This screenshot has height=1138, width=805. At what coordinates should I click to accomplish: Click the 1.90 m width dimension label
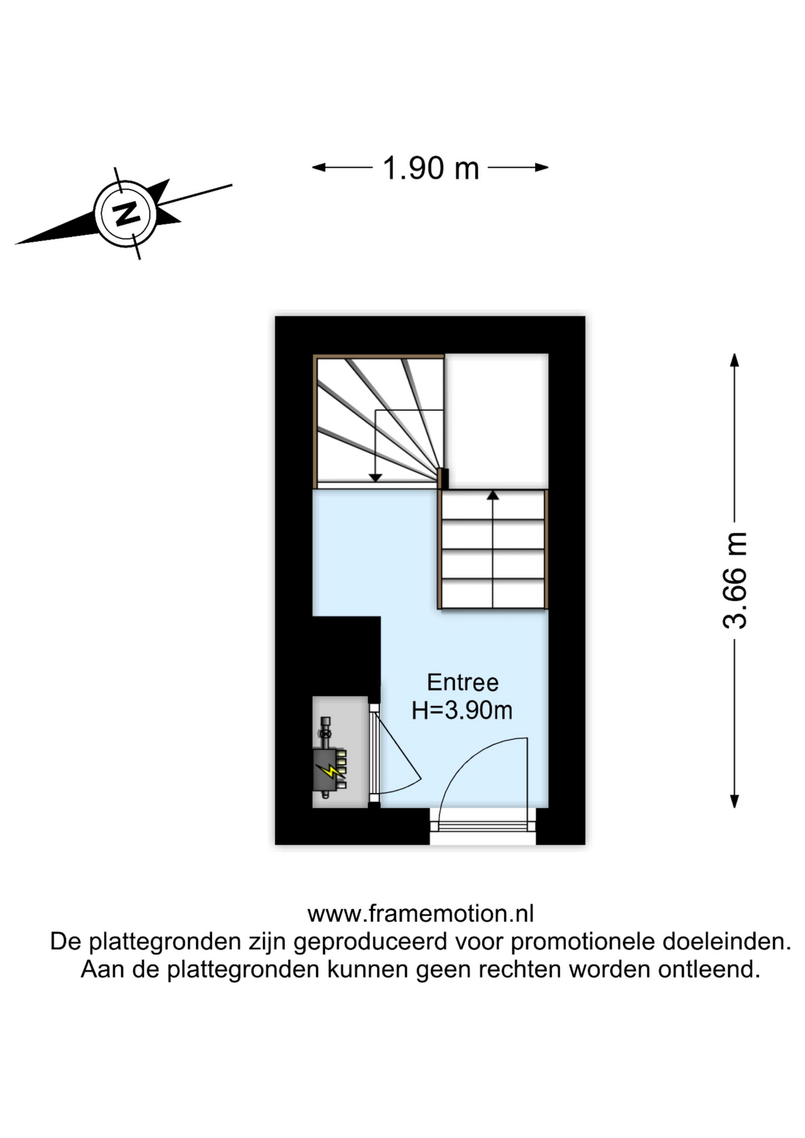(x=430, y=168)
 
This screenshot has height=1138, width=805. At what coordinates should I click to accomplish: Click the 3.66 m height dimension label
(x=734, y=581)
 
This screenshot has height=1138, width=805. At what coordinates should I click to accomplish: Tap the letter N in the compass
(x=126, y=213)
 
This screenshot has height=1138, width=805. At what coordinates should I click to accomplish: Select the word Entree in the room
(x=462, y=682)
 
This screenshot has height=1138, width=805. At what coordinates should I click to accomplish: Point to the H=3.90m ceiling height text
(x=462, y=710)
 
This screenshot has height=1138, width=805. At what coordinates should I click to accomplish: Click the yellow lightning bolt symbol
(x=330, y=771)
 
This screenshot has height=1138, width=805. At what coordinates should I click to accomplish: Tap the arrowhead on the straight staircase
(x=493, y=495)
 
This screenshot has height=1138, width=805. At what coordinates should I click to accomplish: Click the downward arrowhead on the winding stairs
(x=375, y=477)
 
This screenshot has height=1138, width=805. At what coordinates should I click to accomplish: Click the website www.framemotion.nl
(x=420, y=913)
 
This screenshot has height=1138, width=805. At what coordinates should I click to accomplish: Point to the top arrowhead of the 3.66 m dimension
(x=734, y=359)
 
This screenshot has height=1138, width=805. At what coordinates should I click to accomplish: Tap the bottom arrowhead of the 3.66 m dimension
(x=734, y=801)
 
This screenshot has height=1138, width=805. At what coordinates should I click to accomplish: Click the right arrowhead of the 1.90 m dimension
(x=542, y=168)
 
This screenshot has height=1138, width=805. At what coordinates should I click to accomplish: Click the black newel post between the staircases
(x=443, y=478)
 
